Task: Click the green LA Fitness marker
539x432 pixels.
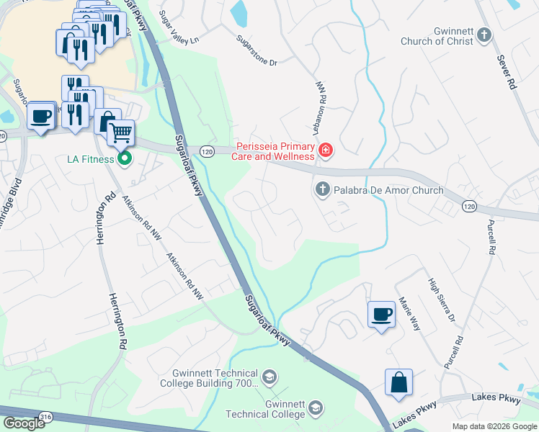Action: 125,158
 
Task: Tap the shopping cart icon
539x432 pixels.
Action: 121,132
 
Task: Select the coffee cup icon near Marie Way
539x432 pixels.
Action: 381,314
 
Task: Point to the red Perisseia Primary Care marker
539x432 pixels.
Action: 326,150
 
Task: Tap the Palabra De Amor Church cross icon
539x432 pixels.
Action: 321,190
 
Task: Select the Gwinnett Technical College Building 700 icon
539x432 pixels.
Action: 269,377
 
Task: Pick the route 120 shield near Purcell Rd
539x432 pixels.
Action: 469,207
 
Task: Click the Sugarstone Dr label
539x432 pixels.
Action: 258,53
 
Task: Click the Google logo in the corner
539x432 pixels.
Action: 23,423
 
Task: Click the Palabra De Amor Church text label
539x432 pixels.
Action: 388,190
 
